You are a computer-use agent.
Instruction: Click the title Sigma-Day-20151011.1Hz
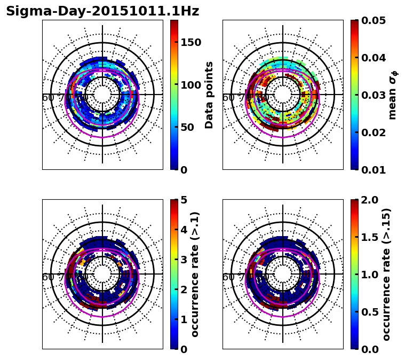(102, 11)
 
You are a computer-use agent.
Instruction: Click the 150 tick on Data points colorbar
(190, 43)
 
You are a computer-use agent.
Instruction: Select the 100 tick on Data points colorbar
(190, 85)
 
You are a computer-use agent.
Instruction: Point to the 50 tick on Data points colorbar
(187, 127)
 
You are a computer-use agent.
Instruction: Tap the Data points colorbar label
(209, 95)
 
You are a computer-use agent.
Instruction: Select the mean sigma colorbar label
(392, 95)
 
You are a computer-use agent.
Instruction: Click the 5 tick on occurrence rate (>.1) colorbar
(184, 200)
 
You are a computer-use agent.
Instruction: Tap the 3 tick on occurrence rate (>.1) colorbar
(184, 260)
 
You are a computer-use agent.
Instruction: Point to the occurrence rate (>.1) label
(195, 274)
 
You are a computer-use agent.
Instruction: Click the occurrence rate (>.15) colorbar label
(386, 274)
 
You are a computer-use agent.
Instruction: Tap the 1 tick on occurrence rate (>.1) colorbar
(184, 319)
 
